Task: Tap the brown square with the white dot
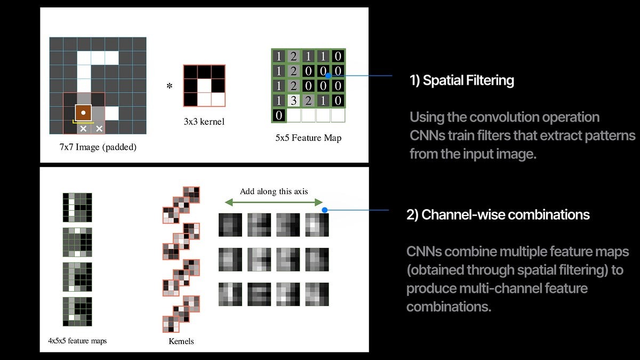point(83,113)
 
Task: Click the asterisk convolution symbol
point(170,85)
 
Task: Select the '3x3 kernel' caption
point(204,122)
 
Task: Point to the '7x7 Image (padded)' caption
point(98,147)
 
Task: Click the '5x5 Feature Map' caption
point(309,138)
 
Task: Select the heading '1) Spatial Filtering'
point(461,81)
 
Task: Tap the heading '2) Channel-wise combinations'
point(498,214)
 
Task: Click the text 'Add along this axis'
point(274,191)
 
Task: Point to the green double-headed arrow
point(274,202)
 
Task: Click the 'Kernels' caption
point(181,340)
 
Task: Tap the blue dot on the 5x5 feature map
point(329,75)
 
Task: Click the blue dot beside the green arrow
point(324,210)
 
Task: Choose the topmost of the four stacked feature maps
point(77,207)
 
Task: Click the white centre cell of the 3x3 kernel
point(204,85)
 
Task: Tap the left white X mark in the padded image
point(83,129)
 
